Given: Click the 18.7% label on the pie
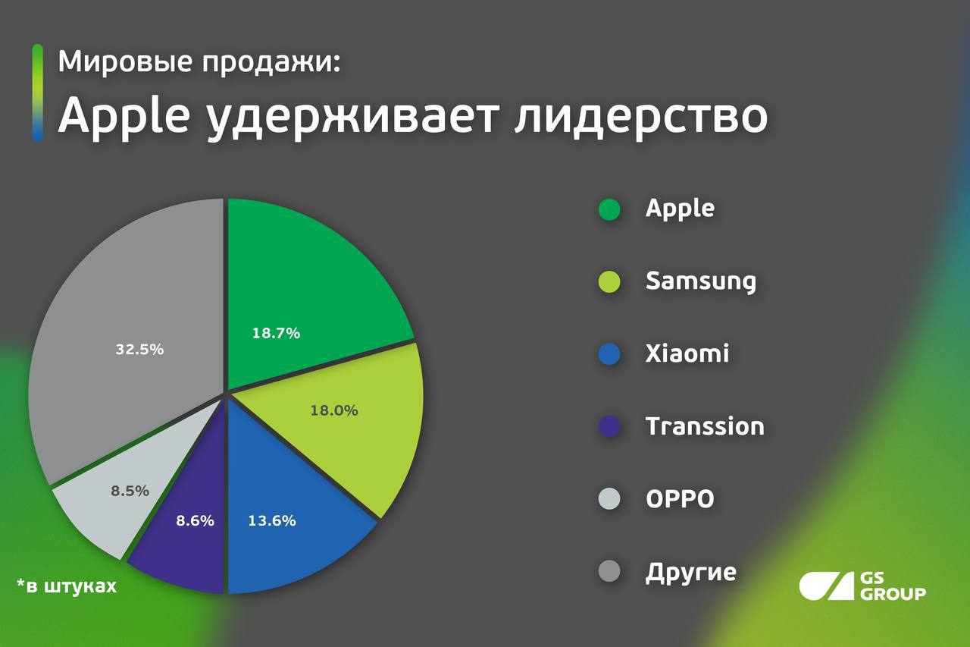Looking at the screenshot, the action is point(277,333).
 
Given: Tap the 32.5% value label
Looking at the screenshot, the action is point(139,349).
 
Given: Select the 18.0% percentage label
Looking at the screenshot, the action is point(334,410).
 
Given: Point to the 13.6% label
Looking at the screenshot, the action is point(272,520).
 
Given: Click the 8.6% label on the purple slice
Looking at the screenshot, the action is point(196,520).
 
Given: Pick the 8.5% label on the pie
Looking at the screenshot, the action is point(130,491).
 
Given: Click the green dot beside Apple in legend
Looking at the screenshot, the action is point(609,209).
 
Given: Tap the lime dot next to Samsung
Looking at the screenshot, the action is point(609,281).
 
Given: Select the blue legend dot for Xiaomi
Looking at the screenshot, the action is point(609,354).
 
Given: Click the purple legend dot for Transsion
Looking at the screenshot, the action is point(609,426).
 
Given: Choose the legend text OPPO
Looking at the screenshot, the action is point(680,499).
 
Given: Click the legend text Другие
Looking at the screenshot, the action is point(690,573).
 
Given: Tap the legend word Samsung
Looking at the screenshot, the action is point(701,282).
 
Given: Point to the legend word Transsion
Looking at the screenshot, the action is point(705,426).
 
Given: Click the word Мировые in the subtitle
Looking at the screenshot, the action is point(126,61).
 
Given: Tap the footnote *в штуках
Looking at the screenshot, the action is point(67,586).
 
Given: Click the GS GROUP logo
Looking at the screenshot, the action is point(862,586).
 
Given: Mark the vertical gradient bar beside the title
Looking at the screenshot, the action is point(38,93).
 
